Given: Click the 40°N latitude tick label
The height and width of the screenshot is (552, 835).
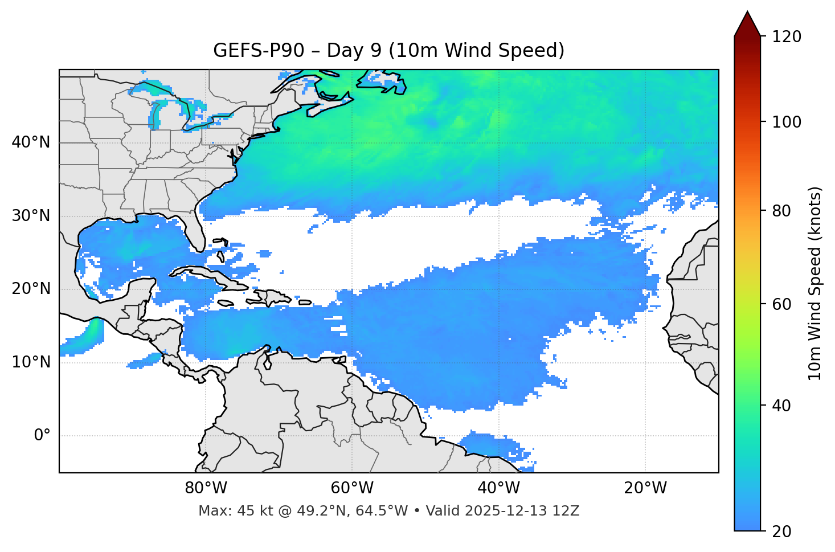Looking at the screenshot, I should click(x=31, y=142).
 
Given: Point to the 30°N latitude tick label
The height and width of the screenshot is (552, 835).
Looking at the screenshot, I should click(x=31, y=216).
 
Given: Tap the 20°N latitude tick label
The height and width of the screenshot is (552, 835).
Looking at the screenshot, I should click(x=31, y=289).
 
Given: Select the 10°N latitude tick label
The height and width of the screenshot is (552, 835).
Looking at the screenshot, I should click(x=31, y=362).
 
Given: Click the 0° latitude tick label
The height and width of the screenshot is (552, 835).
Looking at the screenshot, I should click(x=42, y=435).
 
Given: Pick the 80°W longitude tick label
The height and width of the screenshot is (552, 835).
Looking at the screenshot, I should click(x=206, y=488).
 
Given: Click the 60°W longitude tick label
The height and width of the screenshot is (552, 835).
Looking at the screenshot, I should click(x=352, y=488).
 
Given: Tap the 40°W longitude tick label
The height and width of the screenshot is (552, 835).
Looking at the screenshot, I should click(x=498, y=488).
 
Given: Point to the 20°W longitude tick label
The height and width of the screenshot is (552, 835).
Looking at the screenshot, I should click(x=645, y=488).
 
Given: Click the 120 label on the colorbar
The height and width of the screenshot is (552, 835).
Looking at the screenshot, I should click(x=787, y=37).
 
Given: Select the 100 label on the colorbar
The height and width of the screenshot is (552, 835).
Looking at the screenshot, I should click(x=787, y=122).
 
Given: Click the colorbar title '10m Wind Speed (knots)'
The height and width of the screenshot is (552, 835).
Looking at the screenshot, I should click(x=815, y=283).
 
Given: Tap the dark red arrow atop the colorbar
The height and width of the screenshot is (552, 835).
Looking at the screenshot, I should click(x=747, y=24).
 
